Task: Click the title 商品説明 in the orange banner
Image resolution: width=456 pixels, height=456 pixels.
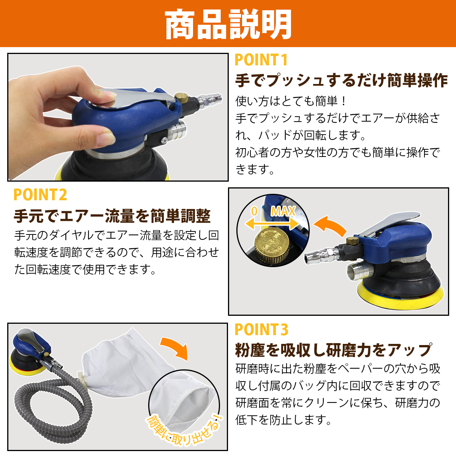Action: pos(228,24)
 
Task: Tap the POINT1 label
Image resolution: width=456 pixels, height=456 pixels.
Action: pos(261,60)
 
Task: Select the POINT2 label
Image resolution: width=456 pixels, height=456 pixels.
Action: pos(40,195)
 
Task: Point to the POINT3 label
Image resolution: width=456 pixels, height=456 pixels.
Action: pos(261,329)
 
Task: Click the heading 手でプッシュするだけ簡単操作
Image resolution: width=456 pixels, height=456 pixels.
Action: pos(341,81)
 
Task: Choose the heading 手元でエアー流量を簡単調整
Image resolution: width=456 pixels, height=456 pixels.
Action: pos(112,216)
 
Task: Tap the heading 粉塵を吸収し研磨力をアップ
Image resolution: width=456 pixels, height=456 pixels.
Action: pos(333,350)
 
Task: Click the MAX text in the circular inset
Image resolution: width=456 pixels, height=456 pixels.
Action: pos(283,211)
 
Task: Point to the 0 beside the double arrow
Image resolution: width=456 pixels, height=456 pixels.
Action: pos(254,211)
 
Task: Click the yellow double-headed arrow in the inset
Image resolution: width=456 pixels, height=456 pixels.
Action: pos(272,223)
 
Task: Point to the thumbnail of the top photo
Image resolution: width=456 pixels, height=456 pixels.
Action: pos(118,117)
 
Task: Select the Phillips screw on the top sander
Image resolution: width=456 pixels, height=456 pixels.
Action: pos(164,141)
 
